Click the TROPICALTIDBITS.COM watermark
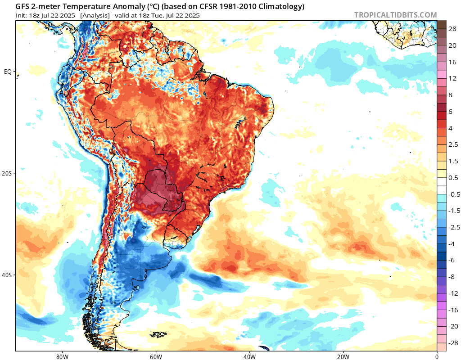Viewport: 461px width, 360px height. click(x=395, y=15)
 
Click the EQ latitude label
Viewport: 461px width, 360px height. click(x=8, y=72)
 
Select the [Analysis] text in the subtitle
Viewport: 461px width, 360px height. click(x=95, y=15)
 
